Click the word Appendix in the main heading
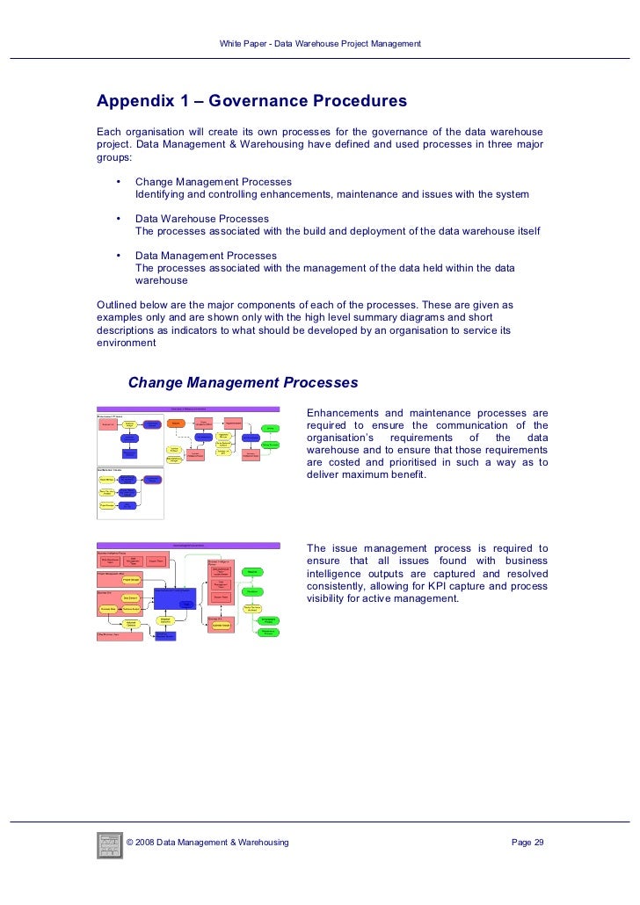135,102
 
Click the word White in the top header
231,44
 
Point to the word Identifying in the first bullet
161,194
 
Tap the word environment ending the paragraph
127,344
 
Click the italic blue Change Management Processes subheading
243,383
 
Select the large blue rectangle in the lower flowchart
174,598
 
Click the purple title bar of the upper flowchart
188,409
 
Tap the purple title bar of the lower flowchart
188,545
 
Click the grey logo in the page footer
108,843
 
